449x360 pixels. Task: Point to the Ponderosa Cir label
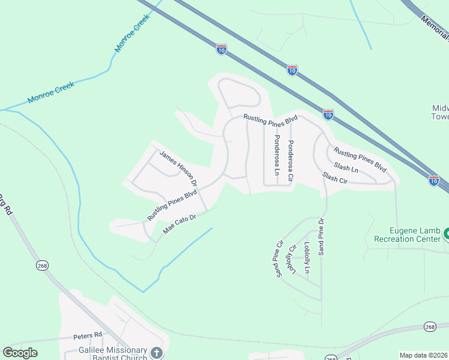(x=291, y=155)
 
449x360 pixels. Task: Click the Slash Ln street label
(x=346, y=168)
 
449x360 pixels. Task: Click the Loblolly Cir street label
(x=293, y=259)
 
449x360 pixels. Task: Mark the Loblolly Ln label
(x=307, y=257)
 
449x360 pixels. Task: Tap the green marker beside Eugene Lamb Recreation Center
(x=446, y=235)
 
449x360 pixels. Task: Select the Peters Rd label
(x=88, y=335)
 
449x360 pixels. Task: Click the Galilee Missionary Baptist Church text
(x=113, y=354)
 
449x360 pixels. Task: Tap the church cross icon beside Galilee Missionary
(x=157, y=353)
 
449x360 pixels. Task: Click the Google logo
(x=20, y=353)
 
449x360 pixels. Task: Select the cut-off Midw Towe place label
(x=440, y=112)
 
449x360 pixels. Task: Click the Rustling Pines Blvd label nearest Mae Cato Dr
(x=172, y=205)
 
